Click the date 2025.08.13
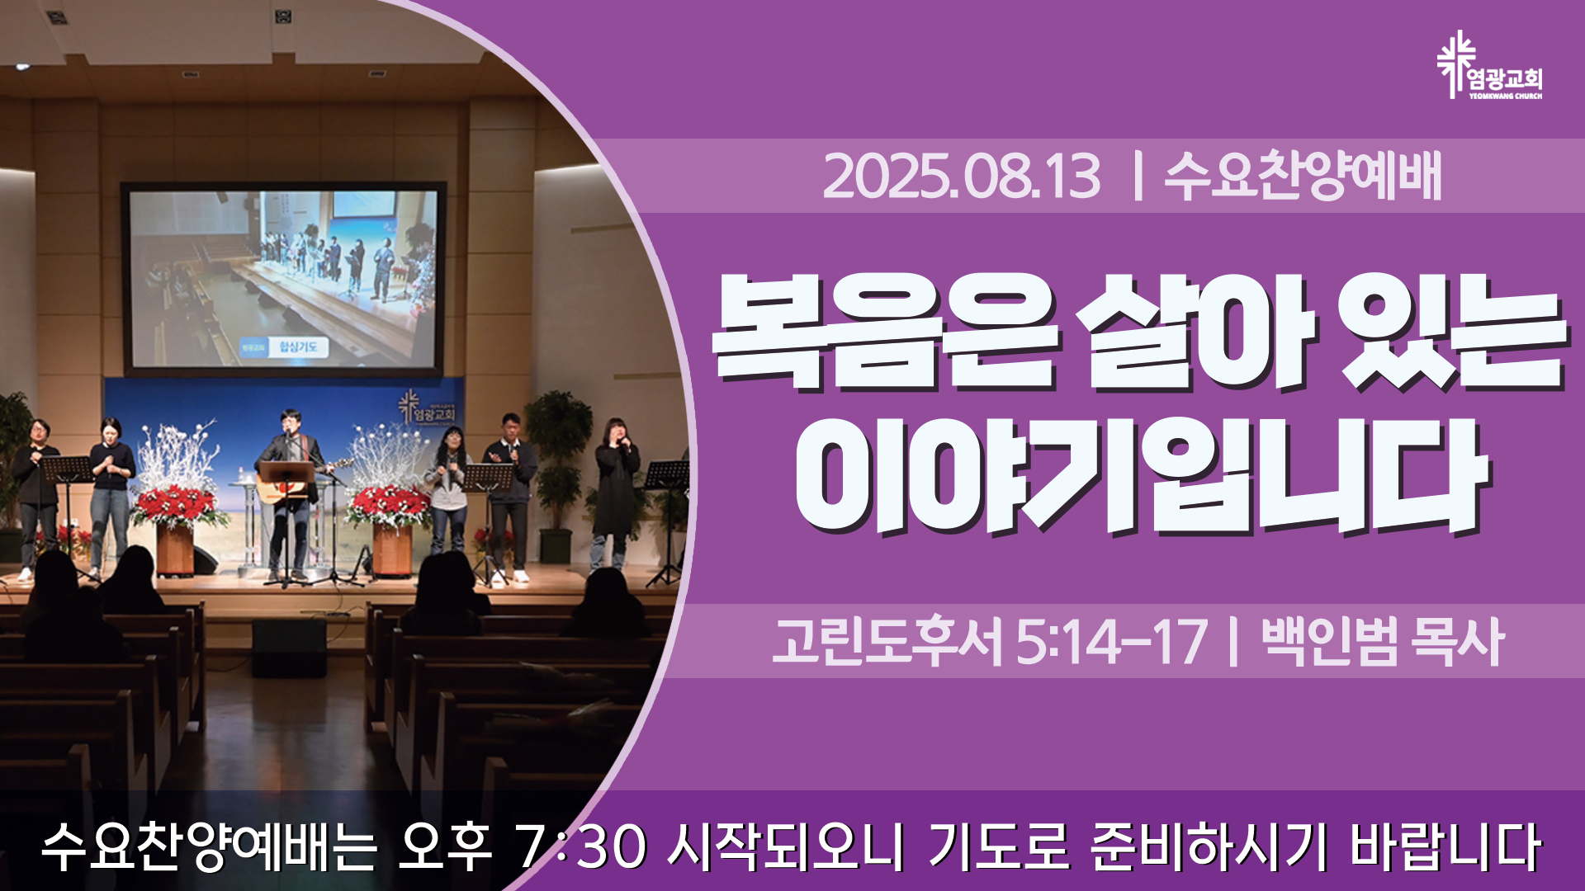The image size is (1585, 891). tap(962, 177)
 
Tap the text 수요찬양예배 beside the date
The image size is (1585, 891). tap(1303, 176)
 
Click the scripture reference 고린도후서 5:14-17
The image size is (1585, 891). tap(989, 641)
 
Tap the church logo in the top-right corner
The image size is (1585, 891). tap(1489, 66)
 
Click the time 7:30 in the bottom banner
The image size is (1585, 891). tap(579, 846)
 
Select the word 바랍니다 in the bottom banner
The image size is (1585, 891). tap(1445, 846)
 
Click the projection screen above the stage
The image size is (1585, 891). tap(283, 278)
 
